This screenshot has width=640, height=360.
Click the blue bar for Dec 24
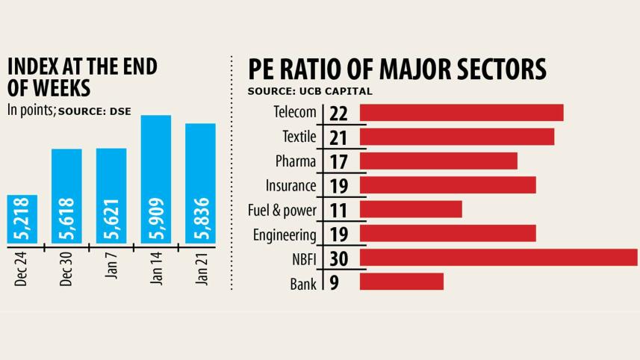coord(22,219)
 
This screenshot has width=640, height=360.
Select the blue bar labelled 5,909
coord(155,179)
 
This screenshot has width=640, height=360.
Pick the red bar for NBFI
coord(499,258)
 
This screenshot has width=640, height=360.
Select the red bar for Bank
coord(402,282)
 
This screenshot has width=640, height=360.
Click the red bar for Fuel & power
coord(411,209)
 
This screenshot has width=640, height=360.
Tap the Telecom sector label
coord(296,113)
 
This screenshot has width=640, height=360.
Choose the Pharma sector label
coord(296,161)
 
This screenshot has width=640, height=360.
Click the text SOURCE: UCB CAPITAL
coord(310,91)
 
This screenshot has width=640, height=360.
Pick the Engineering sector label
coord(285,234)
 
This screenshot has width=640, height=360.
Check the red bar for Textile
coord(457,137)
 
